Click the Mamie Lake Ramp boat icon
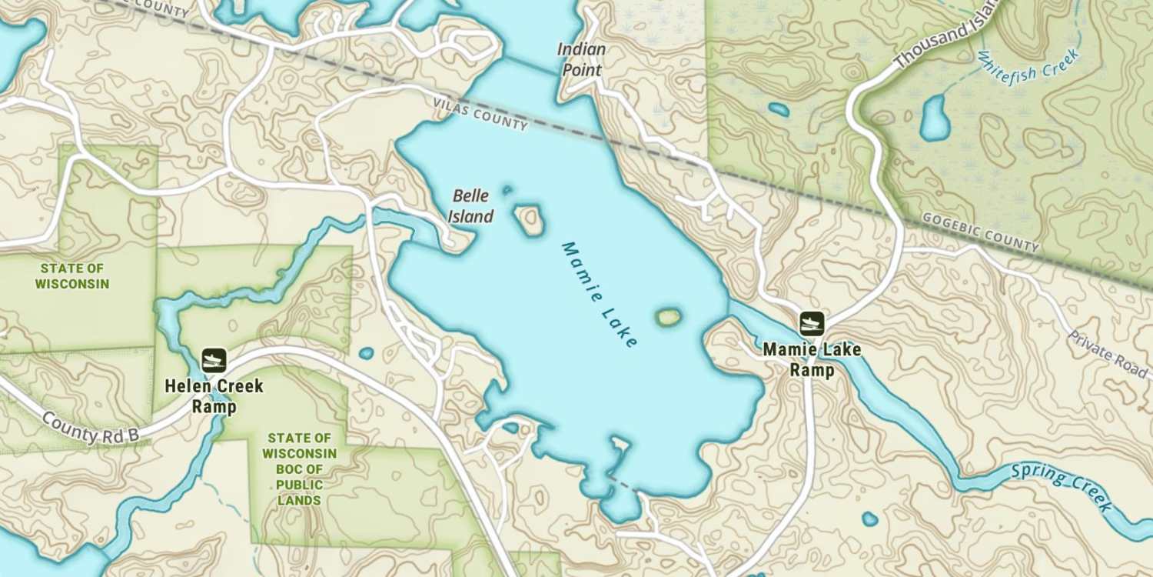coord(812,324)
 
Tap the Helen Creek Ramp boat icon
coord(214,359)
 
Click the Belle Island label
coord(470,206)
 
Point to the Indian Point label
coord(581,59)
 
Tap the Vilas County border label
coord(480,113)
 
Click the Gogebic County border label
coord(981,232)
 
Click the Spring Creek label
coord(1062,487)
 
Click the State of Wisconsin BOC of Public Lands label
coord(300,469)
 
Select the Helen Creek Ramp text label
coord(214,396)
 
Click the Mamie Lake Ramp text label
coord(812,360)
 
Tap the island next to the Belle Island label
coord(530,219)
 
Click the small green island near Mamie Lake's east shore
coord(668,316)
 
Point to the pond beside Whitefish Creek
coord(935,117)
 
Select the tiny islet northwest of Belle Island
coord(507,189)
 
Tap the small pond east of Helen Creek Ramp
coord(366,354)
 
